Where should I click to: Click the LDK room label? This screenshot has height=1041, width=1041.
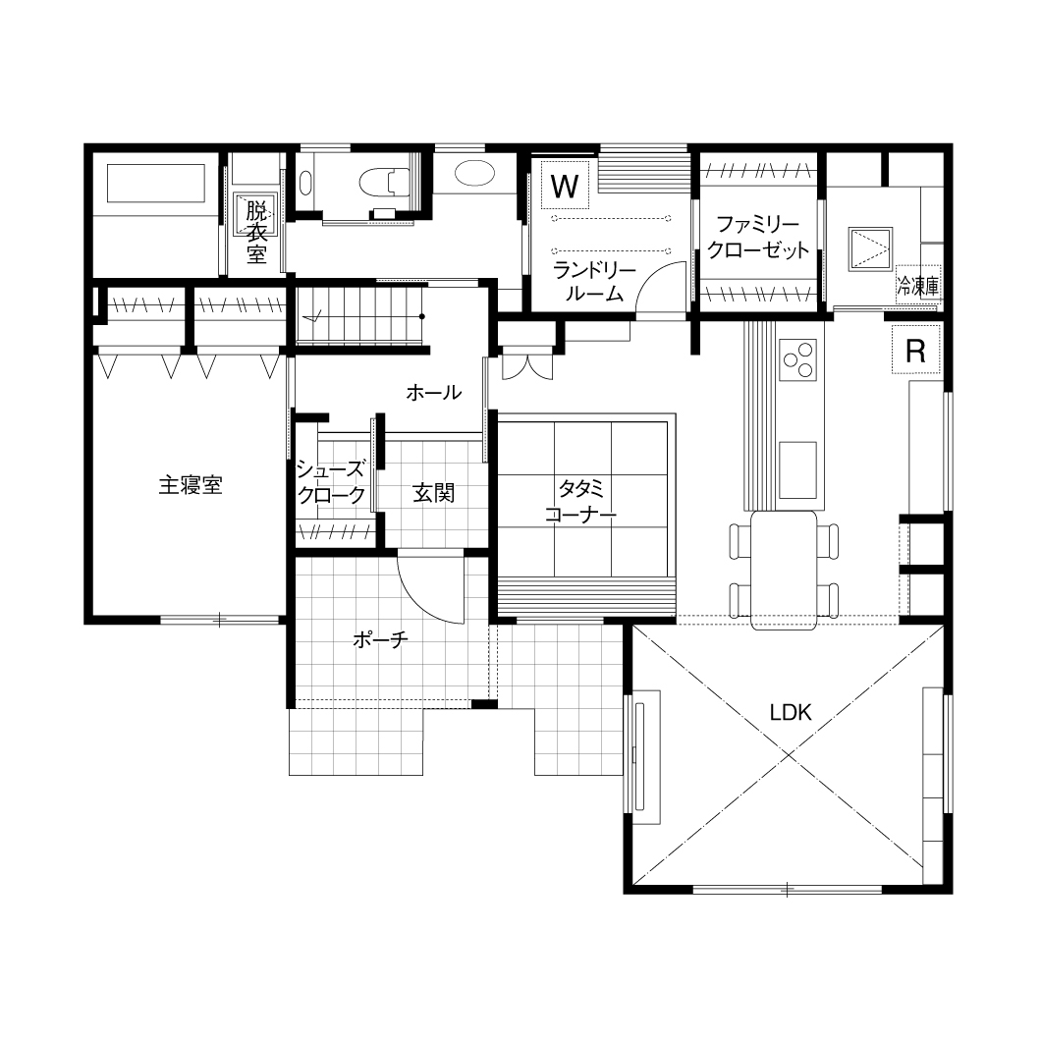coord(790,712)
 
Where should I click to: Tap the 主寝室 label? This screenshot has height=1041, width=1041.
coord(191,485)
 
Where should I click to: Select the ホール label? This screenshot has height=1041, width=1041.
coord(433,393)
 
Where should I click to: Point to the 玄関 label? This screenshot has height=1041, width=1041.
coord(433,493)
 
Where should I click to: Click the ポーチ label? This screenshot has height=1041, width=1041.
coord(380,639)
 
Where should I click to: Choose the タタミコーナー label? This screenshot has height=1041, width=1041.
coord(581,501)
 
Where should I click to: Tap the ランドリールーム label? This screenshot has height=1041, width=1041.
coord(594,282)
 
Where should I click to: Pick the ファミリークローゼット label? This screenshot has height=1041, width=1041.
coord(758,237)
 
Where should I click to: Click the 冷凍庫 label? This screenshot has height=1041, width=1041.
coord(918,286)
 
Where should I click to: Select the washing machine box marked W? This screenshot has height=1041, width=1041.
coord(565,186)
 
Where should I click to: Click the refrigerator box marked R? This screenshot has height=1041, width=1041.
coord(915,350)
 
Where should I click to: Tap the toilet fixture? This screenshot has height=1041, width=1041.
coord(384,182)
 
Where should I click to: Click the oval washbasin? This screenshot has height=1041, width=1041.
coord(474,174)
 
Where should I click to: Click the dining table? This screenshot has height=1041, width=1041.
coord(784,570)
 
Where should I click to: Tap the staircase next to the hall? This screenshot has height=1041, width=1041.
coord(360,315)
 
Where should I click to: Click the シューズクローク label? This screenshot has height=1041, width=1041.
coord(331,482)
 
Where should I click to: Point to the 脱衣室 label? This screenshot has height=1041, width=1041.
coord(256,233)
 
